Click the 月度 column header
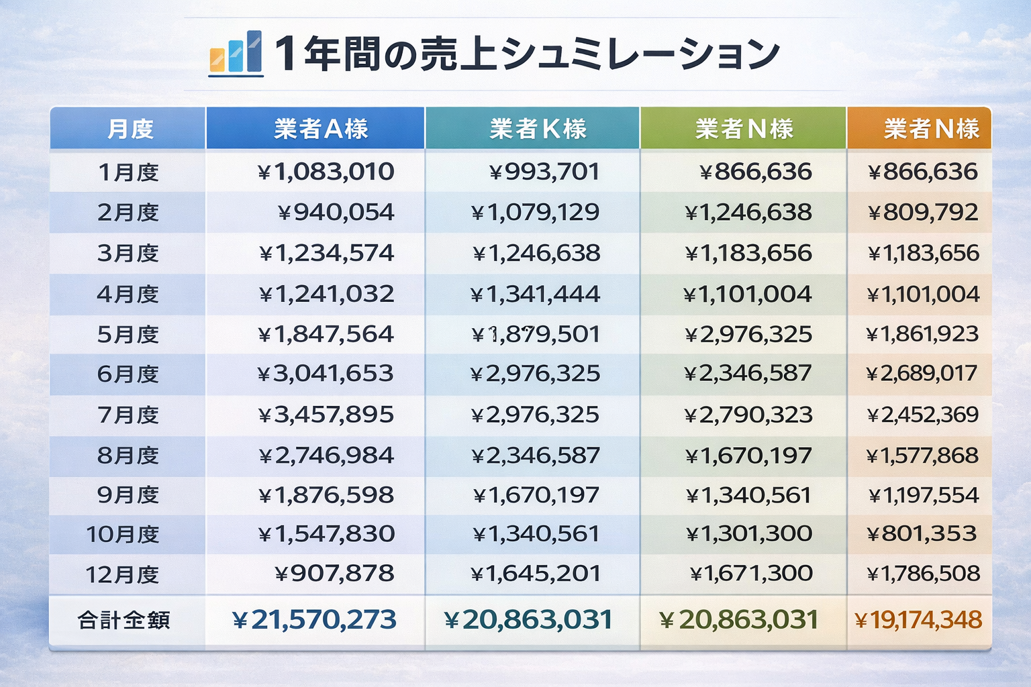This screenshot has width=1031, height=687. click(130, 128)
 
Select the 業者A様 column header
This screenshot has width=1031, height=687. click(321, 128)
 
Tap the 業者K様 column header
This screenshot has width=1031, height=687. click(538, 128)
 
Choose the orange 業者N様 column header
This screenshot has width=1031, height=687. click(931, 128)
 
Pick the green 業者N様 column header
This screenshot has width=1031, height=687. click(744, 128)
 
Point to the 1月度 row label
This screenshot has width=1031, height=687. click(128, 172)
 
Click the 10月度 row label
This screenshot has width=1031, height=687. click(123, 535)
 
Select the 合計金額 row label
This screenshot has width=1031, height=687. click(124, 620)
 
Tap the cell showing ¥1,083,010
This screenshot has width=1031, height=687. click(326, 172)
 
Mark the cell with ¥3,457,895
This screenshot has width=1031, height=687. click(326, 415)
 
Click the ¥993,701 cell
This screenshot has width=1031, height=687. click(544, 172)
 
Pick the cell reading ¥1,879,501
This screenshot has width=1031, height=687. click(535, 334)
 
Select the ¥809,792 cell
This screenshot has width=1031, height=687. click(923, 213)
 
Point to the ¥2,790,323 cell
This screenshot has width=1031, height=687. click(748, 415)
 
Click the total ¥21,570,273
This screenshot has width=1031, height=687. click(315, 620)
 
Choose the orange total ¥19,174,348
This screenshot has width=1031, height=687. click(918, 620)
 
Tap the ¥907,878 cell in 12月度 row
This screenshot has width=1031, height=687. click(334, 574)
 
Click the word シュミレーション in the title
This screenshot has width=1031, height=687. click(640, 54)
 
